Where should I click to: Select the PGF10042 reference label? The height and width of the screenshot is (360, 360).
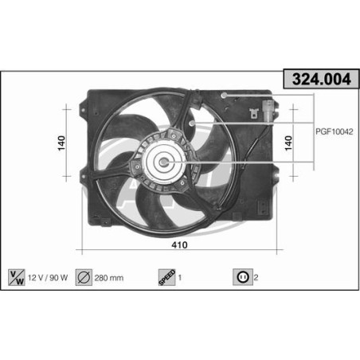point(333,132)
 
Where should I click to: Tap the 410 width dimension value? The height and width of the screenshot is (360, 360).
point(180,246)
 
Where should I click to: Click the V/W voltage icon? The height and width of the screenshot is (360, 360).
point(16,277)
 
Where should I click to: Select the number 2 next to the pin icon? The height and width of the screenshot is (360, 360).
point(256,278)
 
